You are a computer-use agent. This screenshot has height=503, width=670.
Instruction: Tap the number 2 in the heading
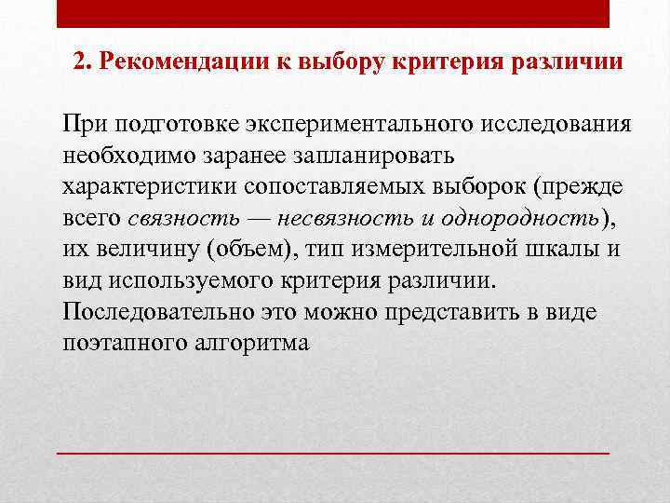(x=79, y=63)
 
